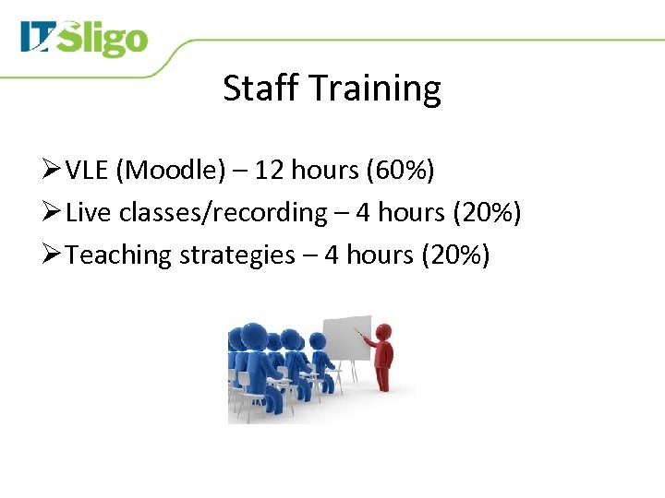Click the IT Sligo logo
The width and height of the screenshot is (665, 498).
84,40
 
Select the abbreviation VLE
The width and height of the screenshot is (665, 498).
90,171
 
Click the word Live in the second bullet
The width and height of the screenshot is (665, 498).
87,213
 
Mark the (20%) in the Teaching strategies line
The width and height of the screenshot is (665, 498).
454,255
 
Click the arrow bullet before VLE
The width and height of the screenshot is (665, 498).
52,171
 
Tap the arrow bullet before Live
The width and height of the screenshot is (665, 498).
52,213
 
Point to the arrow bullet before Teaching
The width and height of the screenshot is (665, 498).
52,255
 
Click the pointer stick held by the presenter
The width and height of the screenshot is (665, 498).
361,335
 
